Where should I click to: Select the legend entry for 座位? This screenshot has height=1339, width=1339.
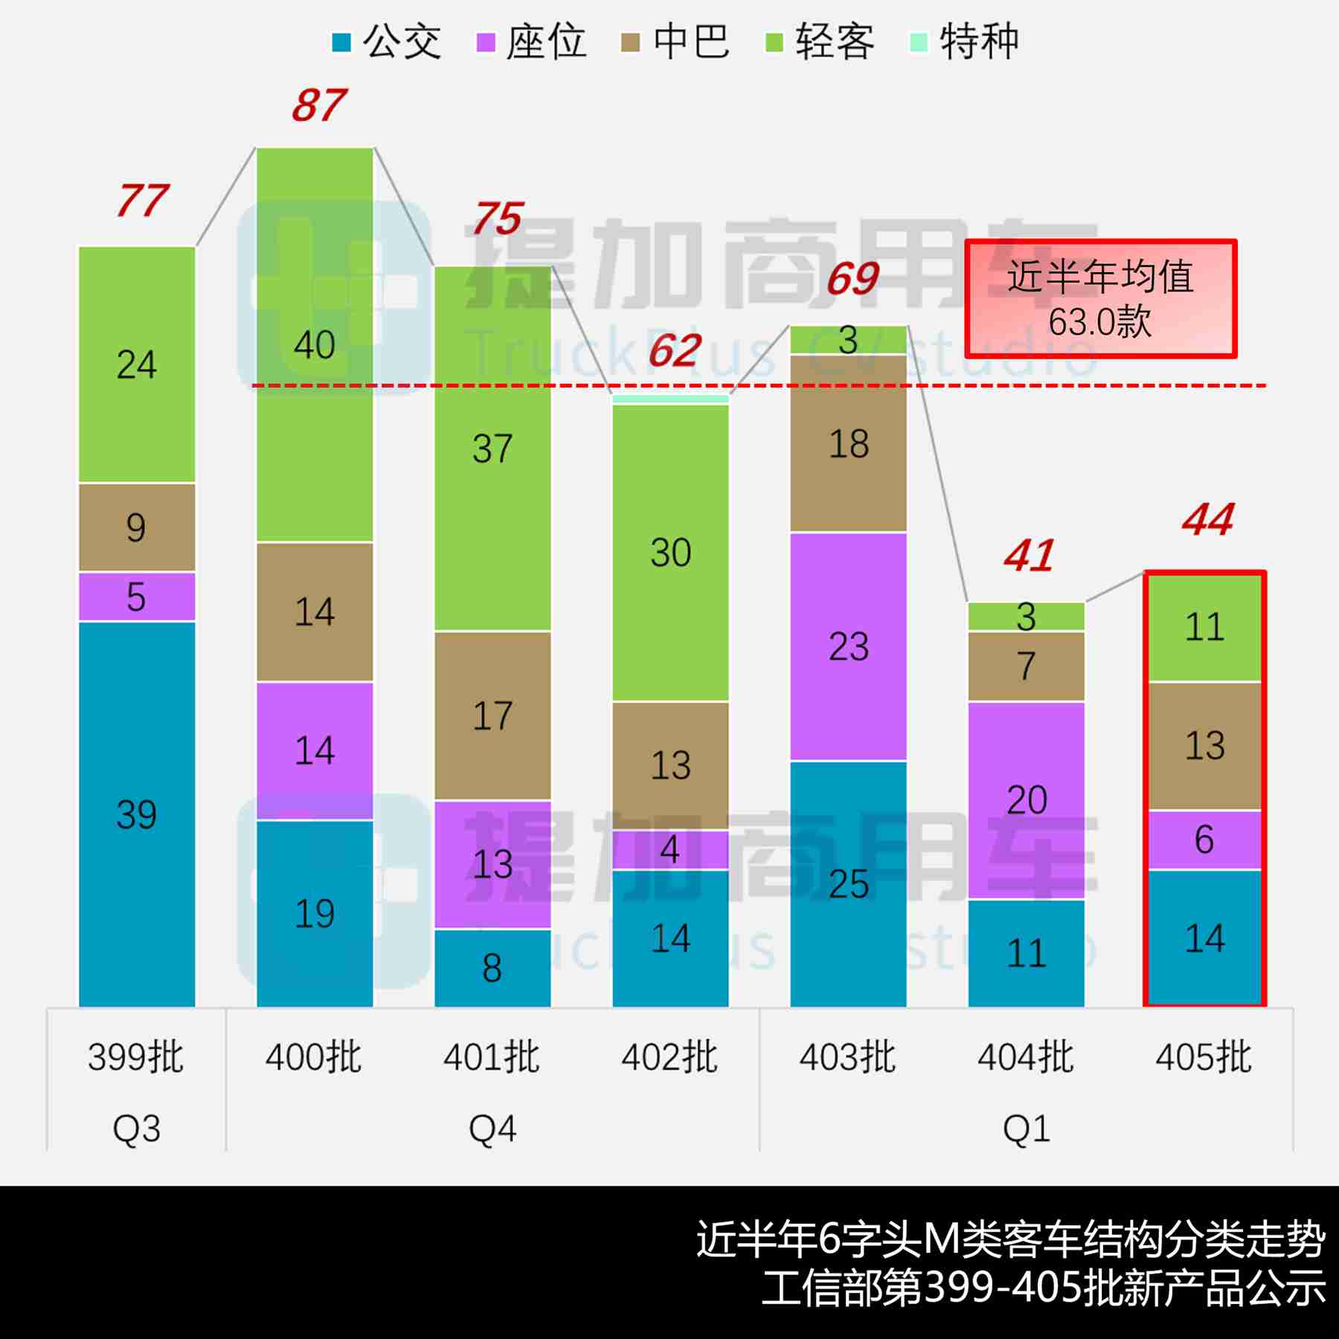click(530, 42)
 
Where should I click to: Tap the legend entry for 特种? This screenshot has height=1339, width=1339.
click(964, 42)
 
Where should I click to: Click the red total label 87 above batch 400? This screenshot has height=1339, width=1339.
click(318, 106)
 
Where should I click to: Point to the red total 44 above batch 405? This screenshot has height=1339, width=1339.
click(1207, 519)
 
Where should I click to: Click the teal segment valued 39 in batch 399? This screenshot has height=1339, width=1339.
click(137, 815)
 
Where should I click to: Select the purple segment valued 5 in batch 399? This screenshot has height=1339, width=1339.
click(137, 597)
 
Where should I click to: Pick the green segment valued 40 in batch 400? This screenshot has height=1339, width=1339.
click(315, 344)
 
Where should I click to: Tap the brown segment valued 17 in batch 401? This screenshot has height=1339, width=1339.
click(492, 716)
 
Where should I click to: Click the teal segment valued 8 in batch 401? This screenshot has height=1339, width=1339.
click(492, 968)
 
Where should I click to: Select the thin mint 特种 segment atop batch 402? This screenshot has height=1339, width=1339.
click(670, 399)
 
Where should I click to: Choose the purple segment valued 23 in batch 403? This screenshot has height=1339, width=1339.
click(848, 646)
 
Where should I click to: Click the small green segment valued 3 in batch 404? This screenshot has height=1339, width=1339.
click(1026, 617)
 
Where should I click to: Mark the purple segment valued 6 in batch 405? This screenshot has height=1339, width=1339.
click(1204, 839)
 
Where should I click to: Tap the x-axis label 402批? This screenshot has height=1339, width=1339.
click(669, 1057)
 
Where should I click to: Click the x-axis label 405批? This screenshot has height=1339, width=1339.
click(1204, 1057)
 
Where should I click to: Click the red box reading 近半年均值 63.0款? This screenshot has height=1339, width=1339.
click(1100, 299)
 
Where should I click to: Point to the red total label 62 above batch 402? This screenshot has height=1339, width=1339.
click(674, 351)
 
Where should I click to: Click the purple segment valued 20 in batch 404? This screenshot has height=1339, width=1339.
click(1026, 800)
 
